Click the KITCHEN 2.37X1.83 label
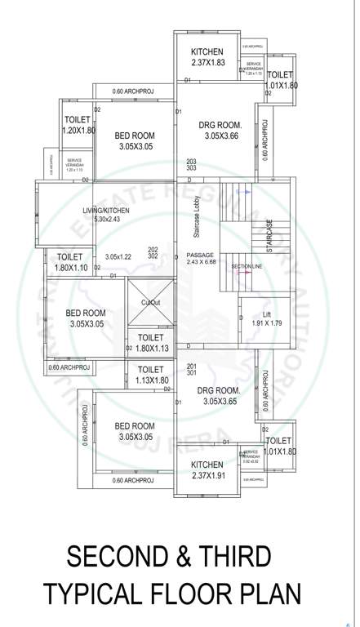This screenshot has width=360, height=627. point(207,57)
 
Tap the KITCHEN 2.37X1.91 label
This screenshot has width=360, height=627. point(207,469)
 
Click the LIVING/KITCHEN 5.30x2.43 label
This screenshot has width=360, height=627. point(106,215)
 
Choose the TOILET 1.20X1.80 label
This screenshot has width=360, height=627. point(80,125)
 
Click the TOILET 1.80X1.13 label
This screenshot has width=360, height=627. point(150,343)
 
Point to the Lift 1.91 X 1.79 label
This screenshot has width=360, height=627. point(267,319)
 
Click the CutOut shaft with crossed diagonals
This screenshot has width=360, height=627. point(150,303)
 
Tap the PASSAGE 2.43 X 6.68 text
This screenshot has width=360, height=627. point(201,258)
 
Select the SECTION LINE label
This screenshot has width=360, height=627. point(246,267)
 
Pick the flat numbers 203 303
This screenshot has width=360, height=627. point(191,165)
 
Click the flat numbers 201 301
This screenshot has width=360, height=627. point(192,371)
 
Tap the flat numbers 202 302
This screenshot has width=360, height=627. point(152,252)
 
